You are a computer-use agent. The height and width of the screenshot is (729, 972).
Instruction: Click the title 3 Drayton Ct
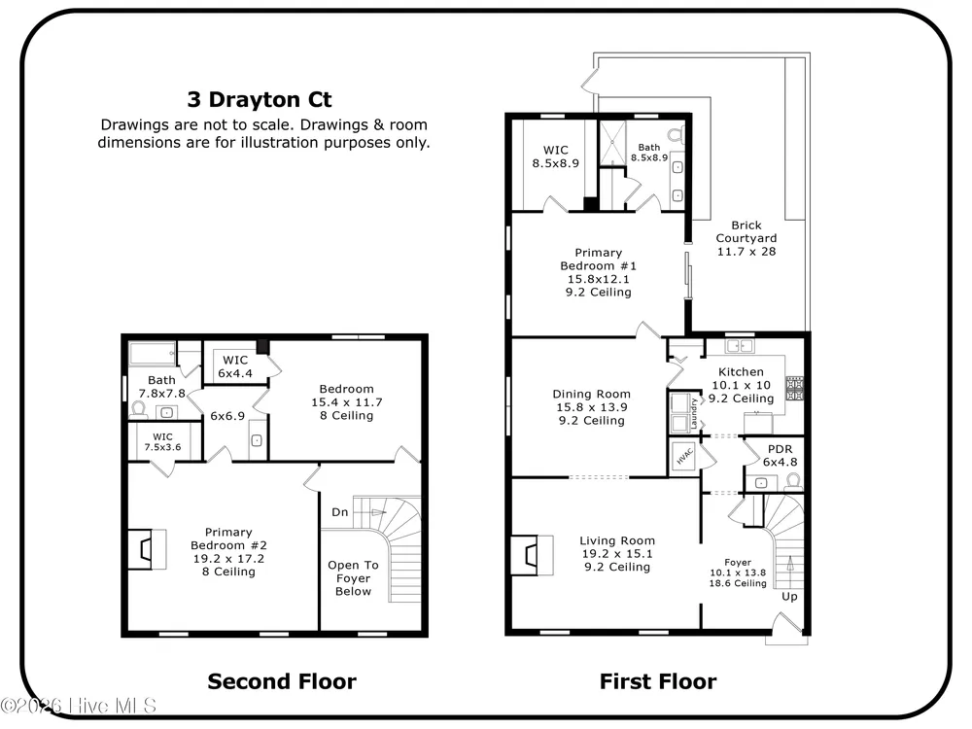(x=260, y=99)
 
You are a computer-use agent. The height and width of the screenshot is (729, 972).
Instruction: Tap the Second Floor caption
(x=282, y=681)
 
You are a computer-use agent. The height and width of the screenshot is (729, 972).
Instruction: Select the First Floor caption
(x=658, y=681)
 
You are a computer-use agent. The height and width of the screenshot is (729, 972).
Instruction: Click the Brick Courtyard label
(x=746, y=232)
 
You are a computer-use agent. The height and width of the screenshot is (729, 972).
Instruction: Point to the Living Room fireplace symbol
(x=532, y=555)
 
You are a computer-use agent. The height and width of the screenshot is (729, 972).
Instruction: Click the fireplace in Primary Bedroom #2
(x=148, y=548)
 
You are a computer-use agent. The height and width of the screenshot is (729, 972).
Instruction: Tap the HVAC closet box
(x=684, y=457)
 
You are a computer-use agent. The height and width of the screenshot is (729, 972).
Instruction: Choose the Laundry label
(x=694, y=413)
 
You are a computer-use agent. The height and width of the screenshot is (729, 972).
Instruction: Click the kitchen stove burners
(x=795, y=389)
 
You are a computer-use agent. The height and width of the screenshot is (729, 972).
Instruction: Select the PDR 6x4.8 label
(x=780, y=456)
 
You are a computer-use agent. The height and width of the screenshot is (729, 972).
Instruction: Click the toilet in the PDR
(x=793, y=481)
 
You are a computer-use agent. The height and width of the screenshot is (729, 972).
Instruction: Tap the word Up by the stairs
(x=789, y=597)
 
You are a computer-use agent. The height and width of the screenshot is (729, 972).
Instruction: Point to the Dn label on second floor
(x=339, y=512)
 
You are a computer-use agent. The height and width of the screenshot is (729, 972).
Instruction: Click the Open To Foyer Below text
(x=354, y=578)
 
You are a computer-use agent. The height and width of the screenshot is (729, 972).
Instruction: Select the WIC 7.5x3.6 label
(x=163, y=442)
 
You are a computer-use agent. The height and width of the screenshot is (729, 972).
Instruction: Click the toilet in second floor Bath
(x=139, y=409)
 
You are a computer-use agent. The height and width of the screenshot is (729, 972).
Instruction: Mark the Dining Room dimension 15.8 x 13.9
(x=591, y=407)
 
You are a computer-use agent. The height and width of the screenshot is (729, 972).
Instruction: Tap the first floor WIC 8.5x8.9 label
(x=555, y=156)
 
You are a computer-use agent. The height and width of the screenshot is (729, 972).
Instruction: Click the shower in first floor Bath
(x=612, y=143)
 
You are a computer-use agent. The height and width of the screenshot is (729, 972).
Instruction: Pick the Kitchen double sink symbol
(x=739, y=346)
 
